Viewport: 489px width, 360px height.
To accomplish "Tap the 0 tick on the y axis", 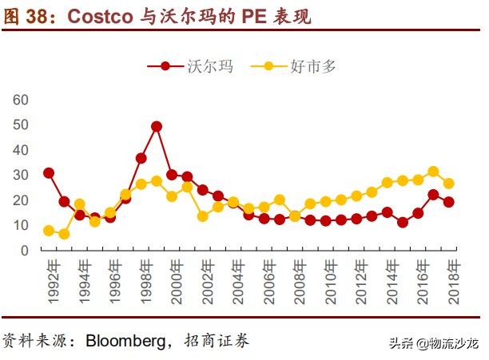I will click(x=25, y=250).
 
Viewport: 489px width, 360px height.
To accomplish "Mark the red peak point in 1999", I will click(x=157, y=126).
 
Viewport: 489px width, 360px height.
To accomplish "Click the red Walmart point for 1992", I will click(x=49, y=172).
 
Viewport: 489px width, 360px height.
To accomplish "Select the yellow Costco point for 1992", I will click(x=49, y=231).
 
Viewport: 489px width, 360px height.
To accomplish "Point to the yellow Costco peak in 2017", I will click(x=433, y=172).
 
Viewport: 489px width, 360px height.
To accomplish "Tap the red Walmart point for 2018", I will click(x=448, y=202).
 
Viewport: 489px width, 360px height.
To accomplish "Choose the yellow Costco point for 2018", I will click(x=448, y=184).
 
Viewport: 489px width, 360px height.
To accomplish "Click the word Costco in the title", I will click(x=99, y=15).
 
